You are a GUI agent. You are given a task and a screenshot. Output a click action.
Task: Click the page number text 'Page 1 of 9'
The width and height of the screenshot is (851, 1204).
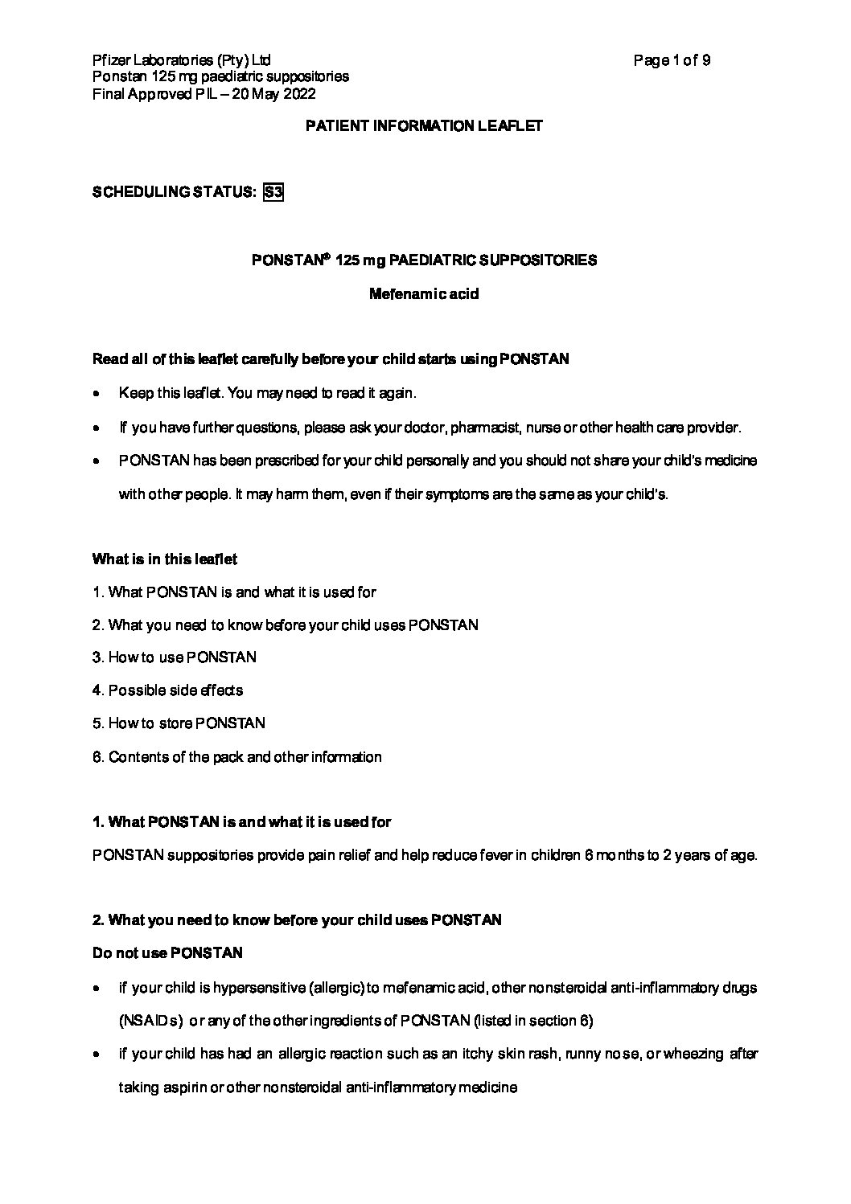pos(672,60)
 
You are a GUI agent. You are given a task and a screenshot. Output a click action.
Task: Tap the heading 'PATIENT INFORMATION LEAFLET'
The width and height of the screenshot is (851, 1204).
pos(425,126)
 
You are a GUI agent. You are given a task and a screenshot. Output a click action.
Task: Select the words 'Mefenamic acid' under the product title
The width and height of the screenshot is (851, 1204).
pos(424,294)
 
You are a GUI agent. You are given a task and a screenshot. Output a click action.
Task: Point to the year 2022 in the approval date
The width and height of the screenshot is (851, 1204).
pos(298,94)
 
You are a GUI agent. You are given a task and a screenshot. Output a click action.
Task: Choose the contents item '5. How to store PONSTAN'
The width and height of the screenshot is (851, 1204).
pos(179,723)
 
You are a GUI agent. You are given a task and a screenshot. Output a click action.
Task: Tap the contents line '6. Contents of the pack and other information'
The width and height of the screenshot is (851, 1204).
pos(237,757)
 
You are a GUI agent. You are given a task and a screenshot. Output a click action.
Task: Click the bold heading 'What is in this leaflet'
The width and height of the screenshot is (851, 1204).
pos(165,559)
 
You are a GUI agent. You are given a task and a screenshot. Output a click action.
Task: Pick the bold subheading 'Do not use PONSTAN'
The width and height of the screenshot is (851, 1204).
pos(168,953)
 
